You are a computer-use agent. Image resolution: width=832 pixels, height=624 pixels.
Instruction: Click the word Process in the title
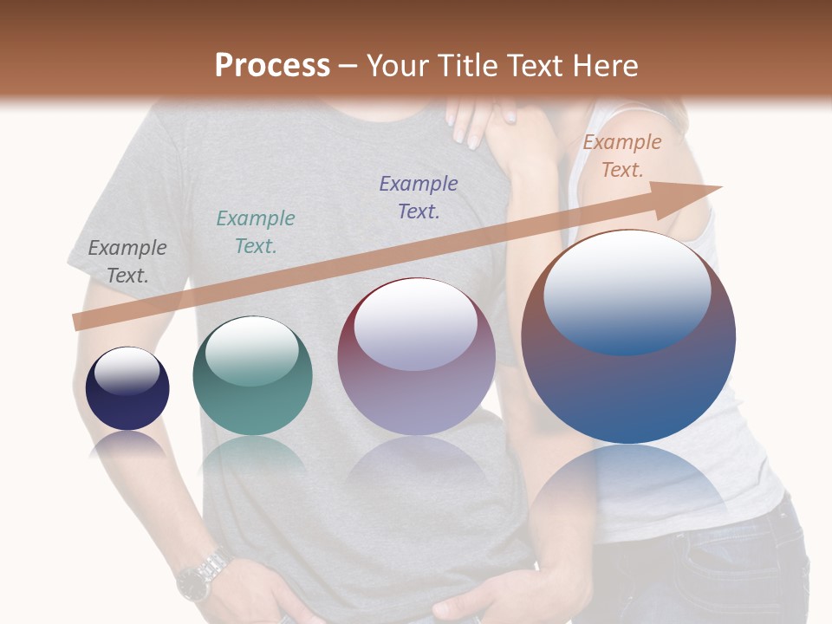click(272, 66)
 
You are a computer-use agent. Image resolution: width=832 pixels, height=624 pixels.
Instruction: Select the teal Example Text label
click(256, 232)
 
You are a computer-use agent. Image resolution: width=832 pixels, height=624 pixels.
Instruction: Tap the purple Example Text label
click(419, 197)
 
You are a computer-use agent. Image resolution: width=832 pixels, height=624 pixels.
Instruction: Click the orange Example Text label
click(621, 156)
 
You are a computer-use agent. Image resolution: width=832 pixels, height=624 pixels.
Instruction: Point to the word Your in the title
click(397, 66)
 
